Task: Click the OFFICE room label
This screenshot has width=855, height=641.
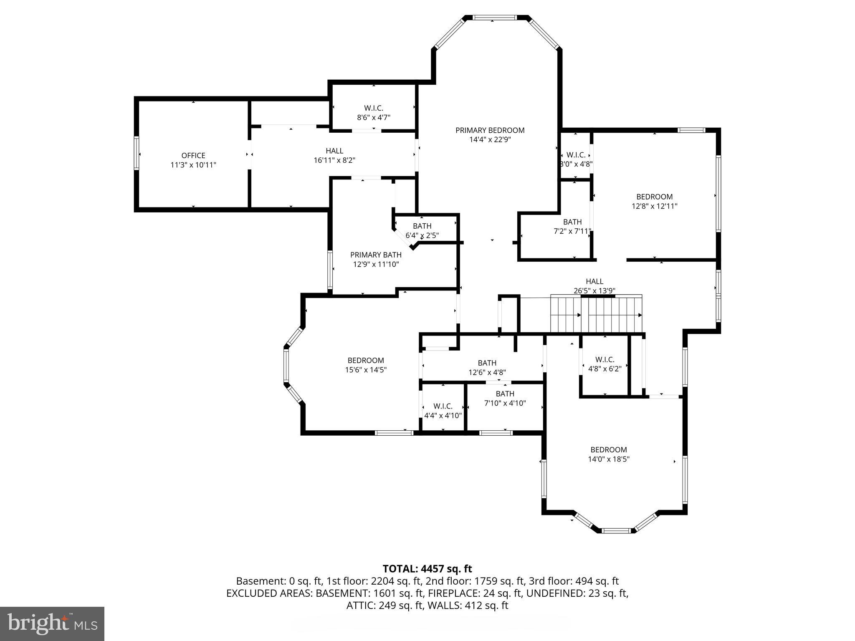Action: (x=193, y=155)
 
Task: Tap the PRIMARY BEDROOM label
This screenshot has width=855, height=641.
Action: (x=490, y=130)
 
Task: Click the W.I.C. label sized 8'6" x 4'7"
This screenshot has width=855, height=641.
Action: (x=373, y=109)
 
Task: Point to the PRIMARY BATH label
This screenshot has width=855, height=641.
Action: (x=376, y=255)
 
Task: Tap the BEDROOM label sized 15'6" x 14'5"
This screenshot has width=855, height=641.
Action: (x=366, y=360)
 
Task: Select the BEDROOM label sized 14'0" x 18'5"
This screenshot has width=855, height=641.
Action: (x=608, y=449)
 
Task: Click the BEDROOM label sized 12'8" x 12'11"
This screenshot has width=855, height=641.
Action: (x=654, y=197)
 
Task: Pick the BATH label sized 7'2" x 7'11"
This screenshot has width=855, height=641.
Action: (x=572, y=222)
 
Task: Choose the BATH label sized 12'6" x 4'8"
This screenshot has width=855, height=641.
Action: (x=487, y=363)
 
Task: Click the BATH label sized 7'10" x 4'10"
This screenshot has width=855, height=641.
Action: (x=505, y=394)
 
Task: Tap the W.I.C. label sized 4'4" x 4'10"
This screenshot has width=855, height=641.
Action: (x=443, y=406)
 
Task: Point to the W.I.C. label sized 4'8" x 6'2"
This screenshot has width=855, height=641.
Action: (x=605, y=359)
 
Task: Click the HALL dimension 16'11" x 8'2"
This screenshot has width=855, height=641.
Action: (x=334, y=160)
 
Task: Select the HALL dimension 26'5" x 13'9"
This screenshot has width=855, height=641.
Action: (x=594, y=290)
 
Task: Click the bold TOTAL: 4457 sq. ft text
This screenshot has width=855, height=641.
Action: (x=427, y=569)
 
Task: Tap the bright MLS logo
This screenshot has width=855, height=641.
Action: (x=52, y=623)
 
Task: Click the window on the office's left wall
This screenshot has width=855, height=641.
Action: (x=136, y=153)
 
